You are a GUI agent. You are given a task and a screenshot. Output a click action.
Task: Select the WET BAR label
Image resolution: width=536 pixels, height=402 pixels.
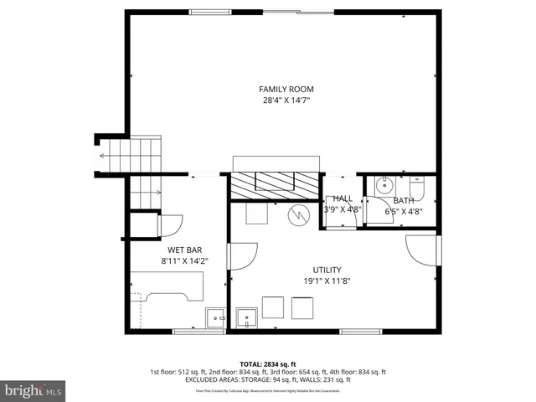[184, 250]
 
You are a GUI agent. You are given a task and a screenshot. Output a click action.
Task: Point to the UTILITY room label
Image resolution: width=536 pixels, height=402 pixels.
[327, 270]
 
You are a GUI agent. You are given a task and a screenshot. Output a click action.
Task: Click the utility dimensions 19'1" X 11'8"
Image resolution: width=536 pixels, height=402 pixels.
[327, 281]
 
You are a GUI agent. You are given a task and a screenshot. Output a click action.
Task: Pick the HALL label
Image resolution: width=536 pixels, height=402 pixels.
[342, 198]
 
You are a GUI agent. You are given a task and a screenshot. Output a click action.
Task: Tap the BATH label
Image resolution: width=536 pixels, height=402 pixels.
[404, 200]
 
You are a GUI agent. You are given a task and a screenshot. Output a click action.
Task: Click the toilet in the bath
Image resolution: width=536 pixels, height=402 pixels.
[417, 184]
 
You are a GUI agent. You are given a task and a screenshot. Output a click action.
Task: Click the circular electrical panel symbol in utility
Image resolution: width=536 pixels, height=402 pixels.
[298, 215]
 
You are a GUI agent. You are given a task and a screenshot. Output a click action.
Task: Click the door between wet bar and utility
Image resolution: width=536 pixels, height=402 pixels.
[241, 256]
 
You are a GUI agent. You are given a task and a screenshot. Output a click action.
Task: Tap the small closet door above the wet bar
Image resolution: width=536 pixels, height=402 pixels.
[170, 225]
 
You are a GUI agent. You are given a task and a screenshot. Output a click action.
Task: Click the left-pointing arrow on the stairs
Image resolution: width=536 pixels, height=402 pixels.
[104, 156]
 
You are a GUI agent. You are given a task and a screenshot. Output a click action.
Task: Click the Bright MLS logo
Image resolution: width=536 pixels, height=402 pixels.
[33, 389]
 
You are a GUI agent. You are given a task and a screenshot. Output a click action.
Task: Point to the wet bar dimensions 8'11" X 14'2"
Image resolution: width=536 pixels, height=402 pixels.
[184, 261]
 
